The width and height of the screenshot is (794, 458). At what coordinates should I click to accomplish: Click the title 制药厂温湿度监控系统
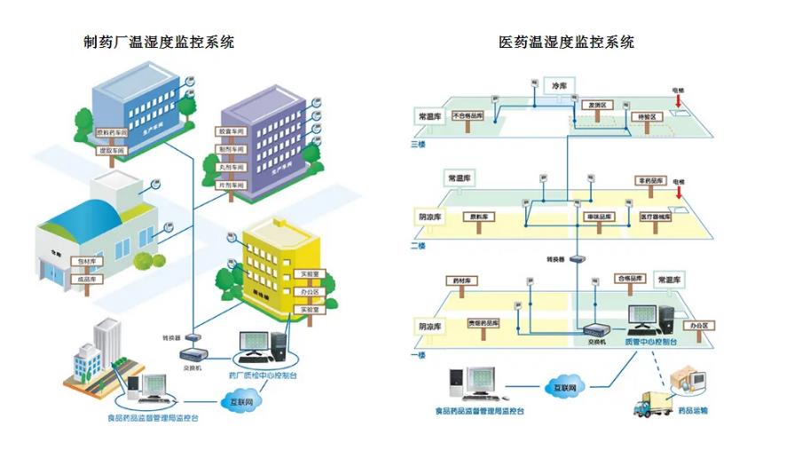[159, 42]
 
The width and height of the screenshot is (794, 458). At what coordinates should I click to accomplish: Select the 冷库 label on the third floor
[560, 85]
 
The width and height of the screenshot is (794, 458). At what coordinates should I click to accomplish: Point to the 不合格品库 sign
[468, 115]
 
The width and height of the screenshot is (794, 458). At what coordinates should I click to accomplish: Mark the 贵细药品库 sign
[483, 323]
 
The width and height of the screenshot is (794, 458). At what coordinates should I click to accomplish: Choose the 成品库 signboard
[87, 279]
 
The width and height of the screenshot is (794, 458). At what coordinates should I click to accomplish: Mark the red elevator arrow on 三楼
[679, 102]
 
